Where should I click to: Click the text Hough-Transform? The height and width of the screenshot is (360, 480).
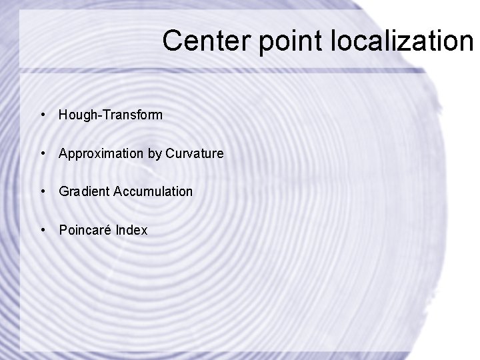[x=110, y=115]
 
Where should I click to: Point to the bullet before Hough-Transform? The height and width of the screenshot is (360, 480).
[x=43, y=115]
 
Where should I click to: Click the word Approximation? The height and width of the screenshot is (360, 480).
[x=101, y=154]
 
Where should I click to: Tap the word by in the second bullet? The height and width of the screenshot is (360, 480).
[x=154, y=154]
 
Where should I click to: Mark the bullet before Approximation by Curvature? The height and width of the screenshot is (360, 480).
[x=43, y=154]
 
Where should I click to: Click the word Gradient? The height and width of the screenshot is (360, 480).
[x=84, y=192]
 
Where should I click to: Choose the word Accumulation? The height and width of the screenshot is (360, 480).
[x=153, y=192]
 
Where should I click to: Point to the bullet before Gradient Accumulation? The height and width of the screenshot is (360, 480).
[x=43, y=192]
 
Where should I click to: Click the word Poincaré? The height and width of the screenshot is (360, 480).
[x=85, y=231]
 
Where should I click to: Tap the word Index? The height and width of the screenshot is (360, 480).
[x=131, y=231]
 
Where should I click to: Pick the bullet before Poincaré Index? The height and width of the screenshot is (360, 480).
[x=43, y=231]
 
